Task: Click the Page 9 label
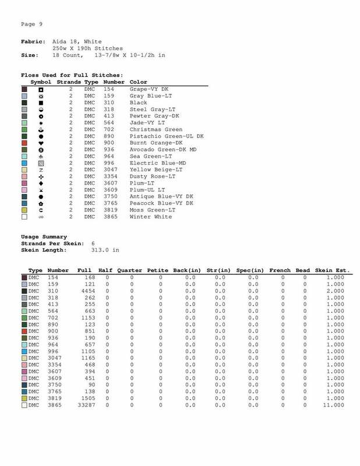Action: pos(31,24)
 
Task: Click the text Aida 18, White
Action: pos(77,42)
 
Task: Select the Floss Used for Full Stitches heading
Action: pos(72,75)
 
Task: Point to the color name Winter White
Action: pos(151,217)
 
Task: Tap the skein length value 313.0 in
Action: pos(105,250)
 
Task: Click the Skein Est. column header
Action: pos(331,271)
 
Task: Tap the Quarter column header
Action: pos(133,271)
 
